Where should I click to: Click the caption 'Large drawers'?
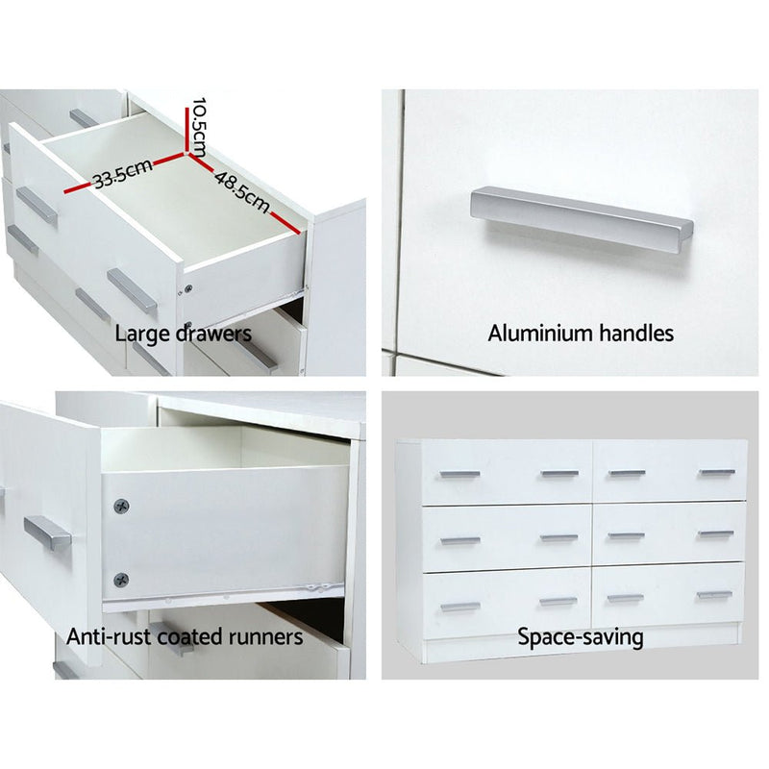pos(184,334)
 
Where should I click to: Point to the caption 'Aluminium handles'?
pos(581,334)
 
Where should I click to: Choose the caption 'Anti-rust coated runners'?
pos(185,636)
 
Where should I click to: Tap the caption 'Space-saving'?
pos(581,636)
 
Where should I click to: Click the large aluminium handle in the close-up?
pos(582,218)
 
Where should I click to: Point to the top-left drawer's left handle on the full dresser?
pos(459,474)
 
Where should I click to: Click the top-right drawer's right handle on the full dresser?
pos(716,473)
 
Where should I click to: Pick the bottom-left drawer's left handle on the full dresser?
pos(459,607)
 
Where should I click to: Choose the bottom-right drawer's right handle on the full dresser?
pos(714,595)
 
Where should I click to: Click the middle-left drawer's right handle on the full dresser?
pos(558,537)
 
